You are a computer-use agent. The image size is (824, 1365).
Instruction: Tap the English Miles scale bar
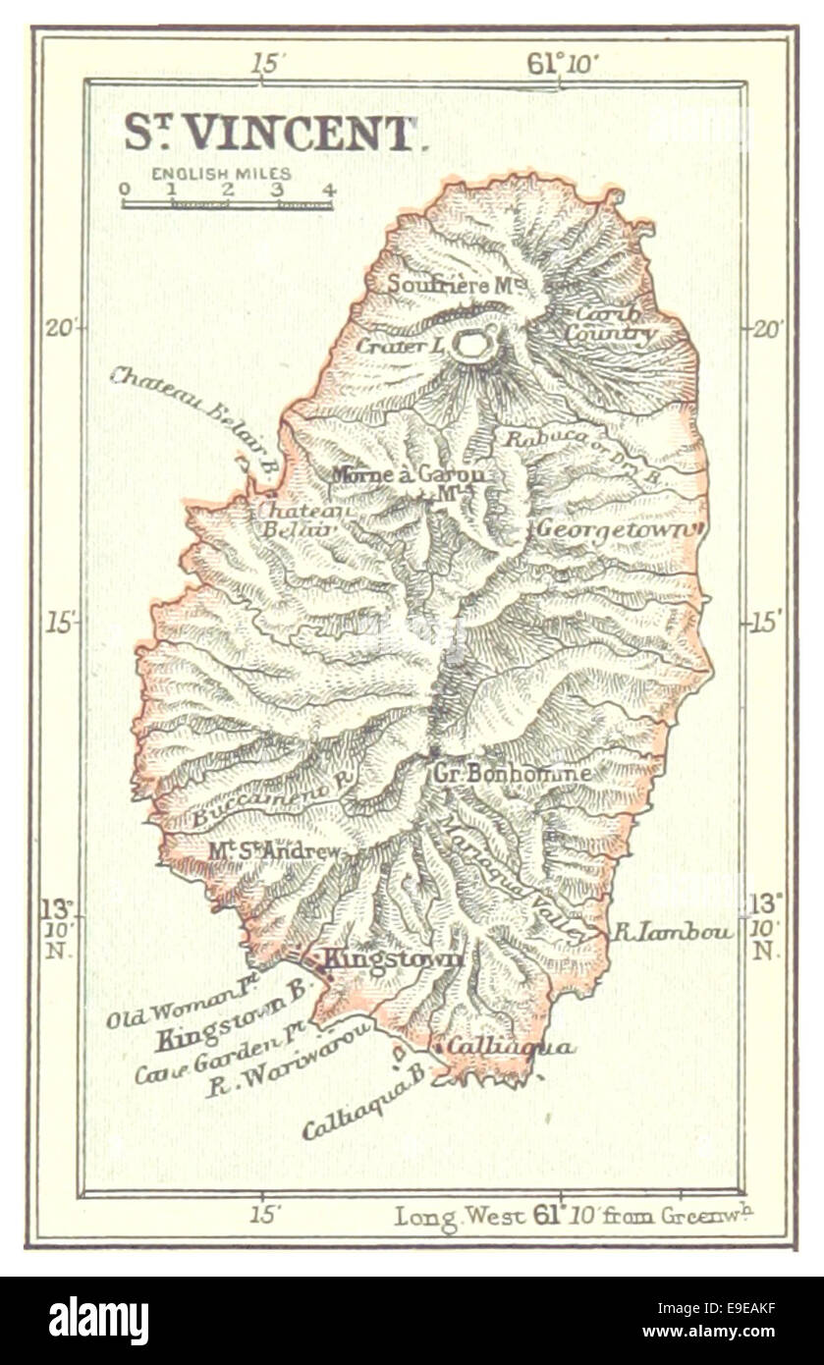[227, 204]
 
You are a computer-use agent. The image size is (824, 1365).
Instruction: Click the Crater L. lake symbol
[472, 344]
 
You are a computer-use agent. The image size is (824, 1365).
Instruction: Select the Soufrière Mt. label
[458, 285]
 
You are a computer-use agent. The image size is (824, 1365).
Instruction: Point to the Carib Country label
[609, 324]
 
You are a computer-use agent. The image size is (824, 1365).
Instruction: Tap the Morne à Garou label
[409, 475]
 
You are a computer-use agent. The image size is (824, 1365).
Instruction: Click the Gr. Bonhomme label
[512, 773]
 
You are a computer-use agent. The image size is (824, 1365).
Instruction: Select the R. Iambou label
[673, 931]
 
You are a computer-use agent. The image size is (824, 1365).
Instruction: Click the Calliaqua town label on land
[510, 1047]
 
